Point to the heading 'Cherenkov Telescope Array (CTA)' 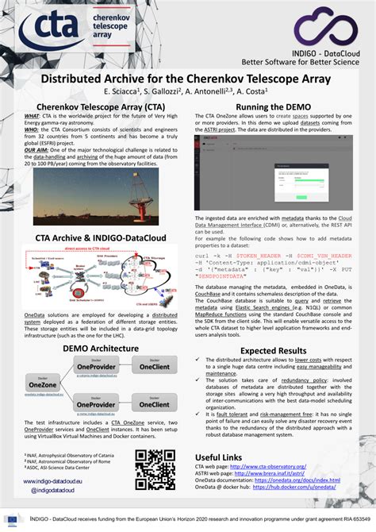point(100,106)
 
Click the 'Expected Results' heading point(274,350)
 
